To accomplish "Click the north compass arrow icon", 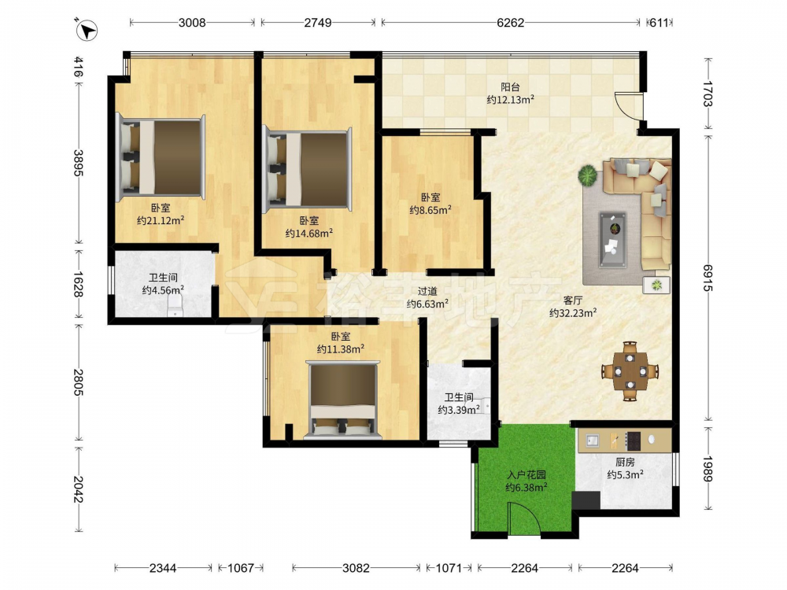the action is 87,30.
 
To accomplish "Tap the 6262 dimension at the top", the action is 511,23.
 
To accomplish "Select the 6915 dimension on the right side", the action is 708,278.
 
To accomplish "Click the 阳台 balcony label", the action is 510,87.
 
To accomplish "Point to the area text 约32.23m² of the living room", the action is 573,313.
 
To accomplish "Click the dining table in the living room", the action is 630,371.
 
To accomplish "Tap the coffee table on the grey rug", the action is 612,239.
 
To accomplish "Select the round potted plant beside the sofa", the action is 587,176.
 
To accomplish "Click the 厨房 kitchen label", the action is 625,462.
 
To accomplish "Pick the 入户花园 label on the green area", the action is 527,474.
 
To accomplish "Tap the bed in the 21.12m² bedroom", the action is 161,157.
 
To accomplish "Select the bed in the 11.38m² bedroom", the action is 343,400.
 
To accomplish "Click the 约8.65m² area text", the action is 430,210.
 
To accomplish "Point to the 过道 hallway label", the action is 427,291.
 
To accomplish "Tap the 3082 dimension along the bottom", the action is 356,568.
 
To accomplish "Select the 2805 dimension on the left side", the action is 78,382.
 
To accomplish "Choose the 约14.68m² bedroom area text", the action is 309,234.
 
